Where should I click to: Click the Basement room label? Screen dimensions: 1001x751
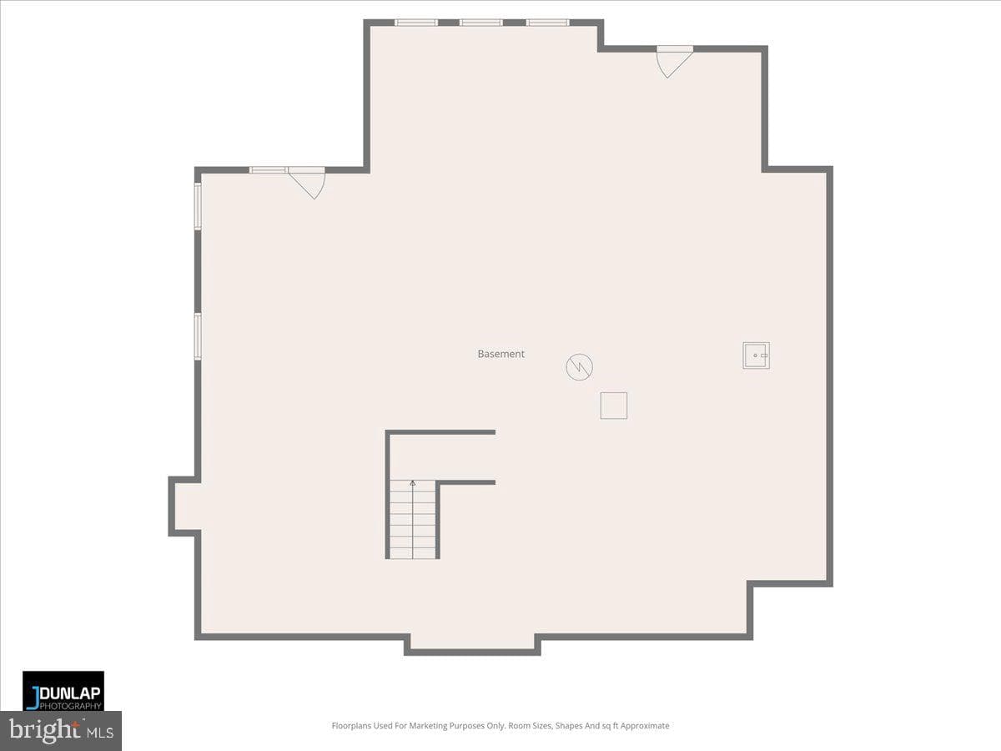(x=500, y=354)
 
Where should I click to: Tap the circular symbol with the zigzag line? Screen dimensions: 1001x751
(x=579, y=366)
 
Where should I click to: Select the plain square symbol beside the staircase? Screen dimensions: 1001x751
(x=613, y=406)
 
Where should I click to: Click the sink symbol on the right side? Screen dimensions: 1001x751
(x=756, y=355)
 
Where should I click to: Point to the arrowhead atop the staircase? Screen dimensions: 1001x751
(x=413, y=483)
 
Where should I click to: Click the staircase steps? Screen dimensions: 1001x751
(x=413, y=519)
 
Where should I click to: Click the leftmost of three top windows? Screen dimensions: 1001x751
(x=416, y=23)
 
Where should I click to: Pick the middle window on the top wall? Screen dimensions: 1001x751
(x=481, y=23)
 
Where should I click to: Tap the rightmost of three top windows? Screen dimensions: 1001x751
(x=548, y=23)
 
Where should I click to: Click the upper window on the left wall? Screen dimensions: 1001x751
(x=198, y=206)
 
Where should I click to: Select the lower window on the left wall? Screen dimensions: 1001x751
(x=198, y=336)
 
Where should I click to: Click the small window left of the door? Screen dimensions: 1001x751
(x=268, y=170)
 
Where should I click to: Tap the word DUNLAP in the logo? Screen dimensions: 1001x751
(x=69, y=693)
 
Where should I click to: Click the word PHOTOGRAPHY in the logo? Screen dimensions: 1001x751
(x=70, y=706)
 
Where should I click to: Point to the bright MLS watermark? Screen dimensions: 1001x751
(x=61, y=730)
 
